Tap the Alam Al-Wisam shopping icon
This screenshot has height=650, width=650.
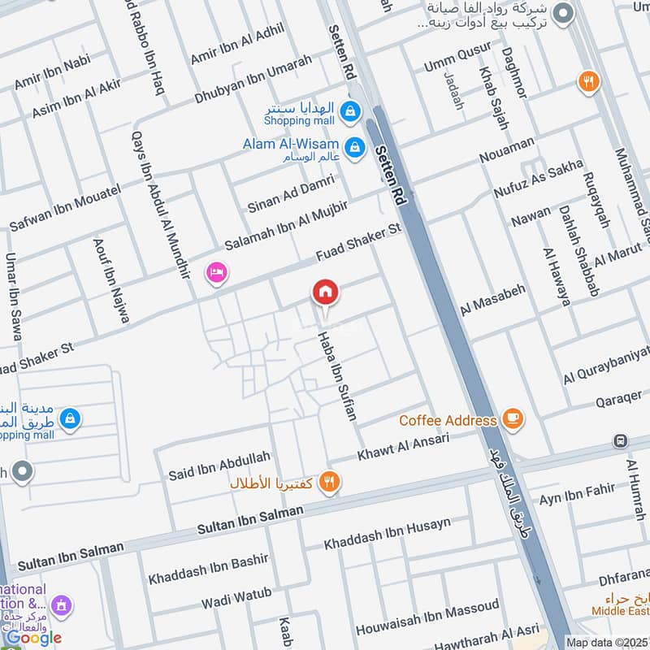(354, 148)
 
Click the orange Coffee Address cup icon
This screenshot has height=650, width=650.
(512, 419)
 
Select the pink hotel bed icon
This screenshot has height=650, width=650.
(215, 271)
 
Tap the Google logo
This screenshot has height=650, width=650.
(33, 638)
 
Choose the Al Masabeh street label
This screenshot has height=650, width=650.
(493, 300)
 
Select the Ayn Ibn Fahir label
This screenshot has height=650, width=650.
(578, 493)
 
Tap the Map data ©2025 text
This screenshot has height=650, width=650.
(608, 642)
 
